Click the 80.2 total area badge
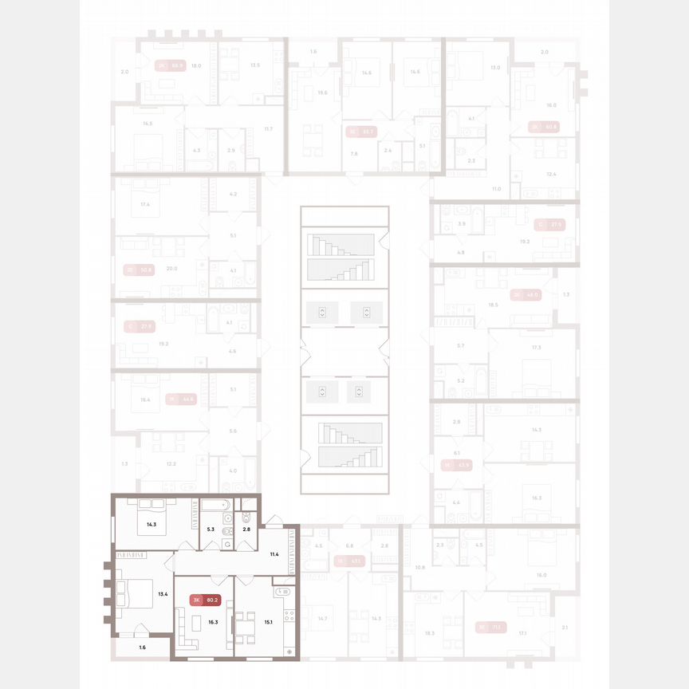pyautogui.click(x=211, y=600)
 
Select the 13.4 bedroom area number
pyautogui.click(x=163, y=594)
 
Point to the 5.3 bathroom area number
pyautogui.click(x=211, y=529)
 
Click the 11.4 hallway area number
pyautogui.click(x=274, y=553)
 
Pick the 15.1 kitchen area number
pyautogui.click(x=270, y=622)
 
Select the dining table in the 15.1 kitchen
pyautogui.click(x=242, y=622)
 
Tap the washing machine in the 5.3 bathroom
pyautogui.click(x=228, y=544)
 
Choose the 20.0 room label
pyautogui.click(x=171, y=269)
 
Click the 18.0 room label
pyautogui.click(x=196, y=66)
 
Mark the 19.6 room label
pyautogui.click(x=322, y=93)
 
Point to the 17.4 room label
pyautogui.click(x=145, y=206)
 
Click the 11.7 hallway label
pyautogui.click(x=269, y=128)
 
